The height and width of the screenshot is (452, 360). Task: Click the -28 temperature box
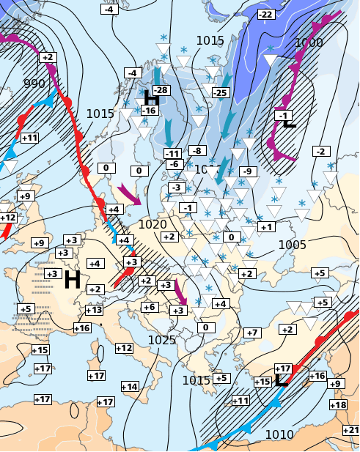[x=161, y=89]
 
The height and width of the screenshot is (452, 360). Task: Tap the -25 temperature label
[x=219, y=92]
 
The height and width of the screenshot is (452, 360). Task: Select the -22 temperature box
[x=265, y=15]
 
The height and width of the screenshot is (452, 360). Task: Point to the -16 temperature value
[x=149, y=111]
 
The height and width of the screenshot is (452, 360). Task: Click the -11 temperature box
[x=172, y=153]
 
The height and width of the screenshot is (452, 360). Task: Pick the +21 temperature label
[x=350, y=429]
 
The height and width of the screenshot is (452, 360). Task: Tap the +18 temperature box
[x=338, y=405]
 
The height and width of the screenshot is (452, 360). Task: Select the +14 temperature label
[x=129, y=386]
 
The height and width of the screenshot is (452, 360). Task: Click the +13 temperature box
[x=94, y=310]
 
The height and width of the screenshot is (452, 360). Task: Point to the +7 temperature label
[x=252, y=333]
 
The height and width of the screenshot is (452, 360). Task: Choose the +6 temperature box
[x=150, y=307]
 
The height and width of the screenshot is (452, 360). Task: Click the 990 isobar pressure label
[x=34, y=84]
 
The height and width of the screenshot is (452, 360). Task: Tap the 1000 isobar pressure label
[x=308, y=43]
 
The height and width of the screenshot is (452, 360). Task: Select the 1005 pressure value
[x=292, y=245]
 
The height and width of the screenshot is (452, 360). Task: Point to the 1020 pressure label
[x=153, y=224]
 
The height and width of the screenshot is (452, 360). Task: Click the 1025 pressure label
[x=162, y=340]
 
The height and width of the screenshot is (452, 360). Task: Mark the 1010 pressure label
[x=279, y=435]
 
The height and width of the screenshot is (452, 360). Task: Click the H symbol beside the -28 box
[x=152, y=98]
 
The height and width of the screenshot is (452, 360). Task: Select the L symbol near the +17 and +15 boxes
[x=281, y=379]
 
